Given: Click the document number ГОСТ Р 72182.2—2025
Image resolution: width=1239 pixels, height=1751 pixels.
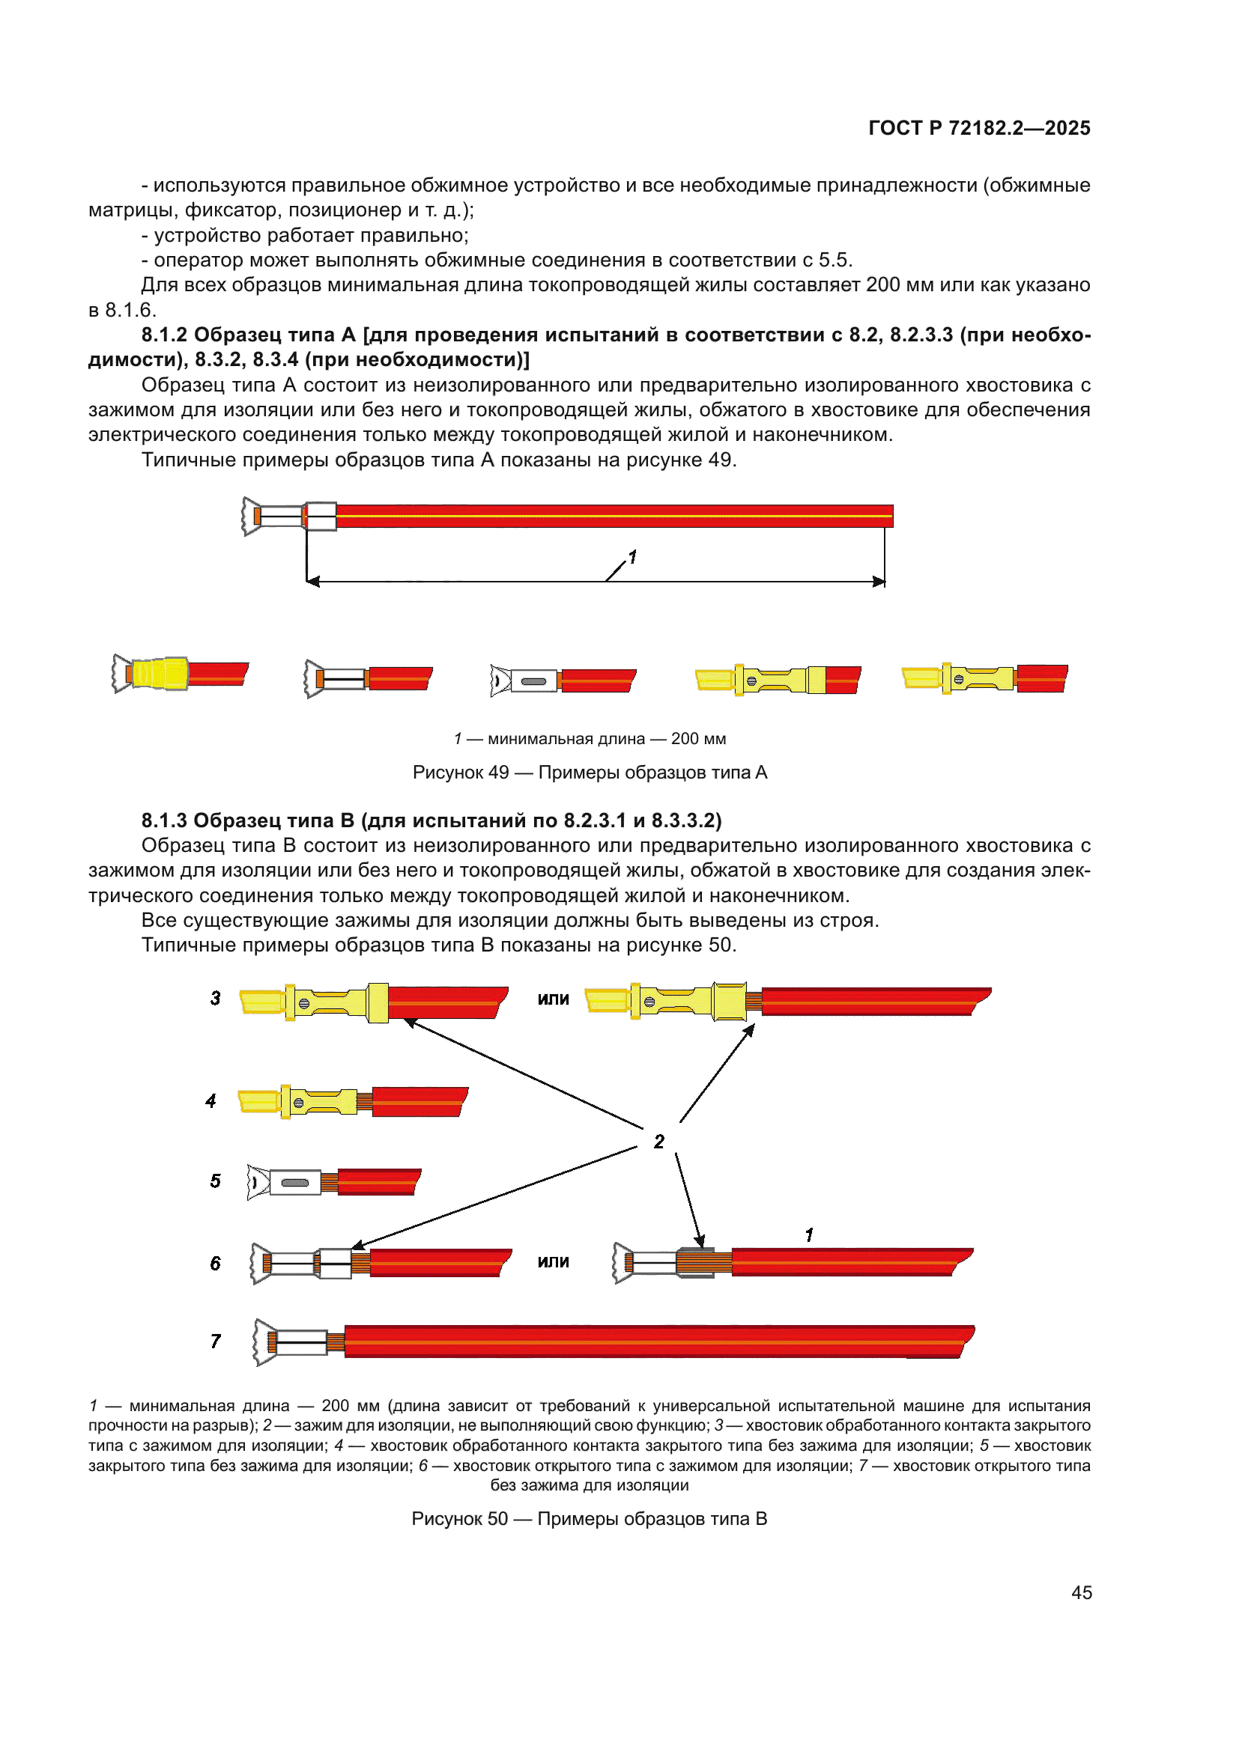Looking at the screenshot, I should tap(979, 128).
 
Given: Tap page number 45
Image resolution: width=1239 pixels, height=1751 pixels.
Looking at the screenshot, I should tap(1081, 1592).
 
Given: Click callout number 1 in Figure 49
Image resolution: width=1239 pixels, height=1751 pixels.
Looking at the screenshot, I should tap(631, 557).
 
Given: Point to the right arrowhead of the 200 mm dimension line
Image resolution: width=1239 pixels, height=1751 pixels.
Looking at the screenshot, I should tap(879, 582).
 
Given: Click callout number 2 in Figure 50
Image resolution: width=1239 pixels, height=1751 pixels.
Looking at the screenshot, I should tap(659, 1142).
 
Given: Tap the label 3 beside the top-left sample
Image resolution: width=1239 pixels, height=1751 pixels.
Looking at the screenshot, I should tap(216, 999).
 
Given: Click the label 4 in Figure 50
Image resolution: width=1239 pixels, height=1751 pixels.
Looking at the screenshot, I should tap(211, 1101).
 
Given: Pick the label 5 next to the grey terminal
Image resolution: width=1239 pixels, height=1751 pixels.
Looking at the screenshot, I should tap(216, 1181).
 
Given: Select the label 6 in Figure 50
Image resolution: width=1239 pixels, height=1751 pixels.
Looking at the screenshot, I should tap(216, 1264).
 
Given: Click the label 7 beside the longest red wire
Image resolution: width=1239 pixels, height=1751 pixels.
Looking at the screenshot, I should tap(216, 1342).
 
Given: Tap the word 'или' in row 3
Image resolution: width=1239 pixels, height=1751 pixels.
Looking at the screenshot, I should tap(553, 999).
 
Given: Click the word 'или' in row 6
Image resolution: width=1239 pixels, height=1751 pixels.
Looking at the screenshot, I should tap(553, 1262).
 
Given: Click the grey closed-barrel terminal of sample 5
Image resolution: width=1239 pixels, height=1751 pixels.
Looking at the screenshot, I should tap(294, 1183).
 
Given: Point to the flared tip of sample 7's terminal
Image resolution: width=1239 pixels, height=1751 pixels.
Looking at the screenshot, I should tap(264, 1342).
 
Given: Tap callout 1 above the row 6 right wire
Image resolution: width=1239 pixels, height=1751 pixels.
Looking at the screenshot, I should tap(809, 1234).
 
